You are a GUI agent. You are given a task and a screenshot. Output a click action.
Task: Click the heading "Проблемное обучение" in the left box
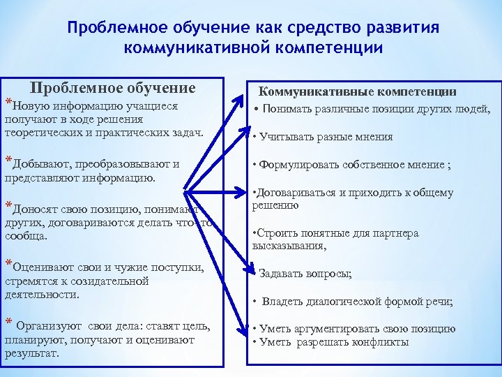coord(112,89)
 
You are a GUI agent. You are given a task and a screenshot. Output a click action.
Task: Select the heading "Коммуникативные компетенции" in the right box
coord(358,91)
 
